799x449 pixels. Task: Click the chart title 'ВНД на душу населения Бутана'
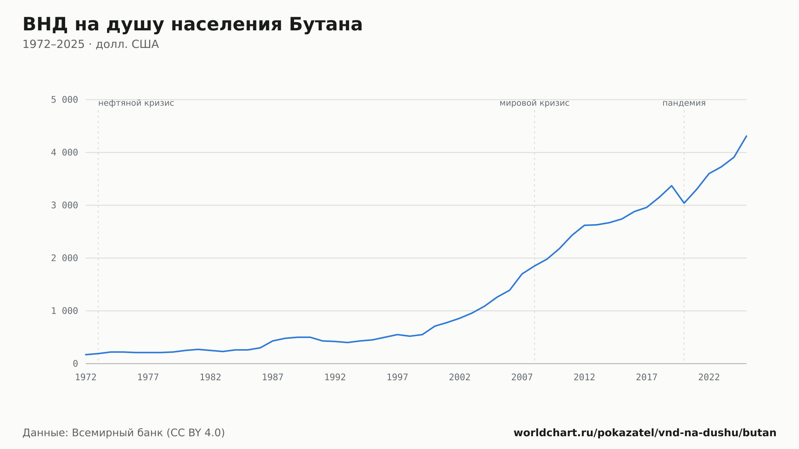(x=193, y=25)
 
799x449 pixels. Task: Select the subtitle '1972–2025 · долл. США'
(x=91, y=44)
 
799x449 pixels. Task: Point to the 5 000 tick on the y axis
(x=64, y=100)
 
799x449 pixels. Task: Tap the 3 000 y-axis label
(x=64, y=205)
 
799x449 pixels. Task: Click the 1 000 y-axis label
(x=64, y=311)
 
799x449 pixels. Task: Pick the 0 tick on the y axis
(x=76, y=364)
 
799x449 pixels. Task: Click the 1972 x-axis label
(x=86, y=377)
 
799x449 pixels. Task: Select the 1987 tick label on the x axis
(x=273, y=377)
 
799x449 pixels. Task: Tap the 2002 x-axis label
(x=460, y=377)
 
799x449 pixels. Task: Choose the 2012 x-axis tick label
(x=584, y=377)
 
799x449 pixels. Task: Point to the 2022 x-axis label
(x=709, y=377)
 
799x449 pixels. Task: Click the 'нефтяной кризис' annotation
(x=136, y=103)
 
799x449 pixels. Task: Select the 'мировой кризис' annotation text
(x=535, y=103)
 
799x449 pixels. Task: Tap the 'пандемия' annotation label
(x=684, y=103)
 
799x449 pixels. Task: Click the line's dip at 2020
(x=684, y=203)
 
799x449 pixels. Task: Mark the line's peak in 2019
(x=672, y=186)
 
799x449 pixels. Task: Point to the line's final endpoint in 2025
(x=746, y=136)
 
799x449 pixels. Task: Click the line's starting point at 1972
(x=86, y=355)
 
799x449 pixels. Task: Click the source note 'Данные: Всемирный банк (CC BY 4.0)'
(x=124, y=433)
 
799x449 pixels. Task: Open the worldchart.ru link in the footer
(x=645, y=433)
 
